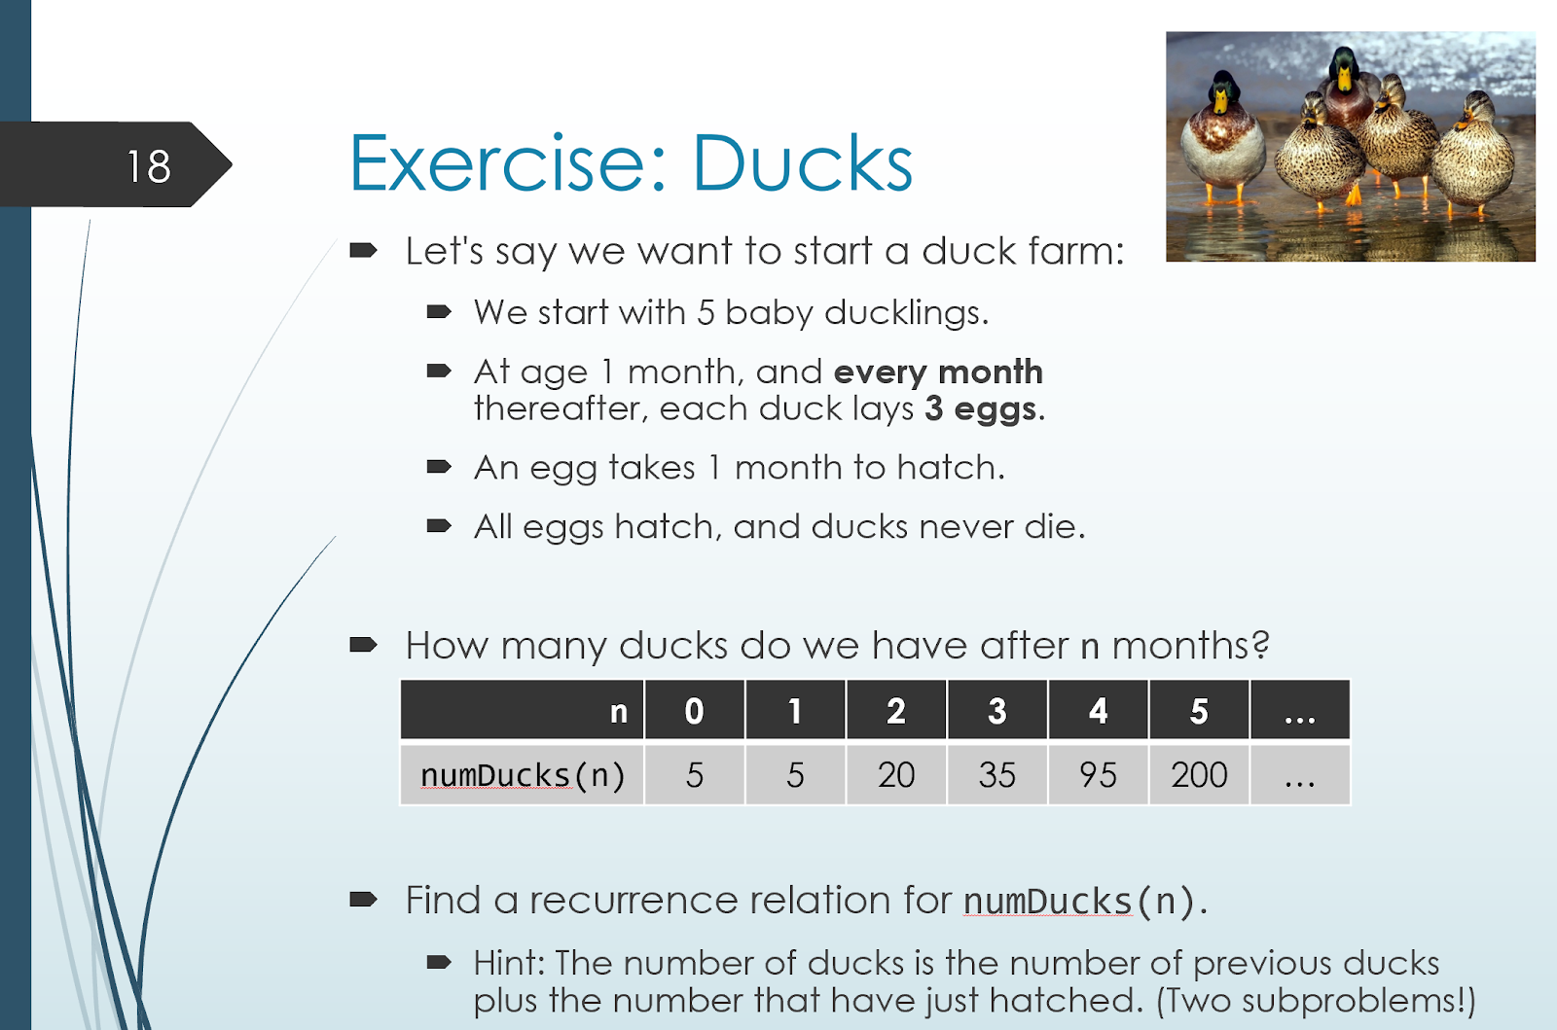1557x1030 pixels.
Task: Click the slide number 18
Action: click(x=148, y=166)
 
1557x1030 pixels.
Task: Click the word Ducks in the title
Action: click(x=802, y=163)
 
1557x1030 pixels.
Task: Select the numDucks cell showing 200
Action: click(x=1199, y=775)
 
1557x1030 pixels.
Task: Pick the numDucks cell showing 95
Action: click(x=1099, y=775)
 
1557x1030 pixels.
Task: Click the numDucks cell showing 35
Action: click(x=996, y=775)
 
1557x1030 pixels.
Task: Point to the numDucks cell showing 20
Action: click(x=896, y=775)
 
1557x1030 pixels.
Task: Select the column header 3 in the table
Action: click(x=996, y=711)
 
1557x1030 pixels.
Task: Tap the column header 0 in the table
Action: click(x=695, y=711)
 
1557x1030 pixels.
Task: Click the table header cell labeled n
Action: click(x=523, y=711)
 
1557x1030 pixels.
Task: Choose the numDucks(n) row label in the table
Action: click(x=523, y=775)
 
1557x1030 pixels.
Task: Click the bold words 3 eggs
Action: click(x=980, y=409)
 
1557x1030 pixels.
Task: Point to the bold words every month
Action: click(x=938, y=373)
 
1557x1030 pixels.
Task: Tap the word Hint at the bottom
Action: click(x=511, y=963)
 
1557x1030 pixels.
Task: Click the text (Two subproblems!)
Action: click(x=1315, y=1001)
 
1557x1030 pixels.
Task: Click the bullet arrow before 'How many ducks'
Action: click(x=363, y=645)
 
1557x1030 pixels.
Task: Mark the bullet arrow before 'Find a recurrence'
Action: click(x=363, y=900)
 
